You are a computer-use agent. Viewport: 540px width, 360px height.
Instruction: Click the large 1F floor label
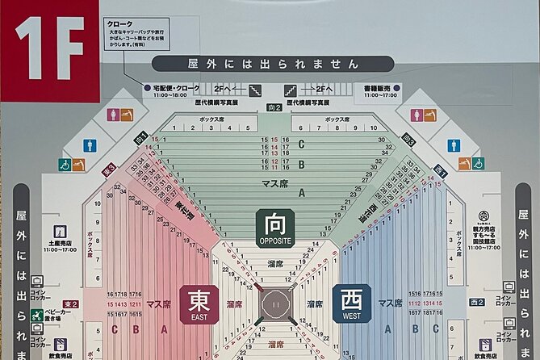pos(49,46)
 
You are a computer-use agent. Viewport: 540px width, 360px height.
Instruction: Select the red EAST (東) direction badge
pos(199,303)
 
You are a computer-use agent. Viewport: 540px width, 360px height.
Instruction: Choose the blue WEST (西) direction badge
pos(352,303)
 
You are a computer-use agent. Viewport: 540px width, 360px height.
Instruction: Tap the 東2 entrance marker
pos(71,304)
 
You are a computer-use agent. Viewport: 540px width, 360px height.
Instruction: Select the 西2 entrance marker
pos(477,302)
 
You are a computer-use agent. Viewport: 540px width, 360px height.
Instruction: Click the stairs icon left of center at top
pos(255,90)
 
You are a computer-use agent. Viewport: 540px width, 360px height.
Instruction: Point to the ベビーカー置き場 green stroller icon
pos(37,316)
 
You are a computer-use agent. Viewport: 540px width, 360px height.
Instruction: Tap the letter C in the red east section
pos(114,329)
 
